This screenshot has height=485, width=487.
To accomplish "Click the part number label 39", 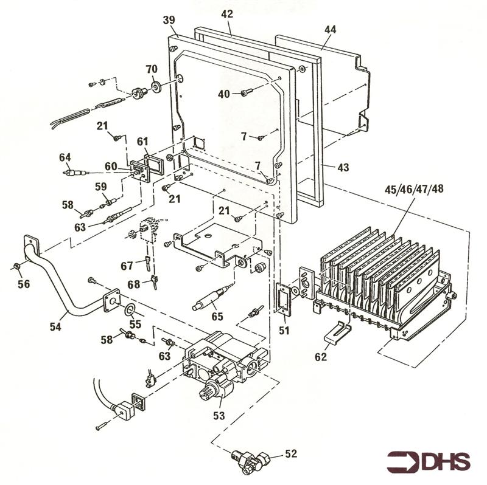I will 169,20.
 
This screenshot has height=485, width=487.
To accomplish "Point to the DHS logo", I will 429,462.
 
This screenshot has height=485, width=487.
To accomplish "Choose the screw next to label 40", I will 246,92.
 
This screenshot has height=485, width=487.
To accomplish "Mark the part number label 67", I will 127,266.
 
